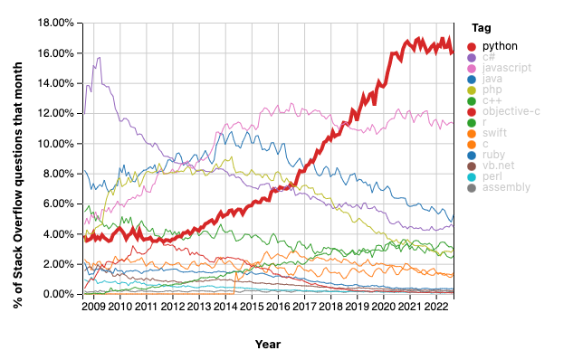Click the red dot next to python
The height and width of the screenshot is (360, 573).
[x=471, y=45]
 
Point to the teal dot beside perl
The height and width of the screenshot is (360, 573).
[x=471, y=176]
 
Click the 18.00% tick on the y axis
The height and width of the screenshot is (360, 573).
[x=56, y=23]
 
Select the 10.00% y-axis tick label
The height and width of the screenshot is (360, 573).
[x=56, y=144]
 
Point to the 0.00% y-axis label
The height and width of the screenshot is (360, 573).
[x=59, y=295]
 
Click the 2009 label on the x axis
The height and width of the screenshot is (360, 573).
[x=93, y=308]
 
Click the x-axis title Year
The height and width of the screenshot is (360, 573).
[x=267, y=344]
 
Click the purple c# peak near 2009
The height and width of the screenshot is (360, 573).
[x=98, y=57]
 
